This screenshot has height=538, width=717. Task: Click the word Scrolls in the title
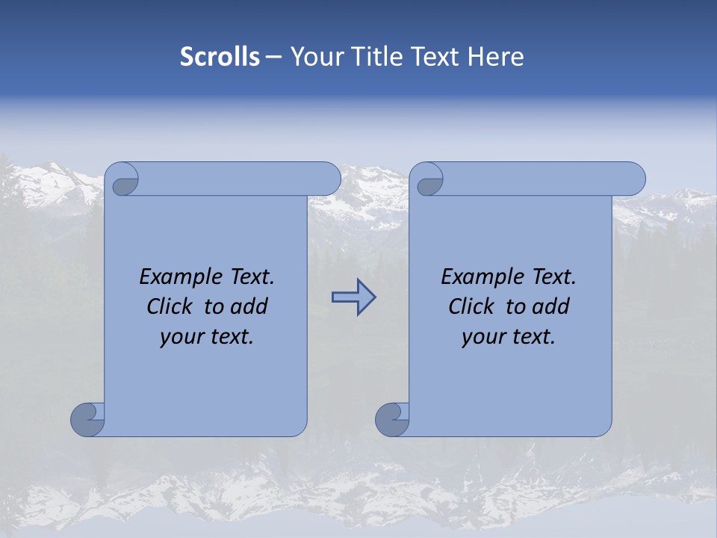[220, 57]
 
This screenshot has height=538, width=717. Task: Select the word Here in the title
[496, 57]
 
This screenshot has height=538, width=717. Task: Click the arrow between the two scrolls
[353, 297]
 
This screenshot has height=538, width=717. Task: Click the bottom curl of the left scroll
[88, 418]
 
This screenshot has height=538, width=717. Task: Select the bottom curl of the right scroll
[393, 418]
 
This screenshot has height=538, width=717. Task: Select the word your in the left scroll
[181, 337]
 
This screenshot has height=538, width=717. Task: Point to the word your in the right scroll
[482, 337]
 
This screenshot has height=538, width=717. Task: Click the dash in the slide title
[274, 57]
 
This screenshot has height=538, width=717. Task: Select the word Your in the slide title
[314, 57]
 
